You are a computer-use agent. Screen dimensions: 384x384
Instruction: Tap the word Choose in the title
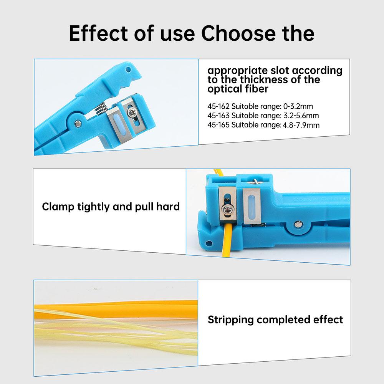(x=237, y=34)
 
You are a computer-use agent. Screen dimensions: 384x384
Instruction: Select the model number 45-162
(x=218, y=107)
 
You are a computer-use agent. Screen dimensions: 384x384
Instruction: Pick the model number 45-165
(x=218, y=125)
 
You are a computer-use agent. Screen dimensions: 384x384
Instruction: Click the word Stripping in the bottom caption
(x=231, y=319)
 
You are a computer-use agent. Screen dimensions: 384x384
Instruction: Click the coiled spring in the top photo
(x=100, y=107)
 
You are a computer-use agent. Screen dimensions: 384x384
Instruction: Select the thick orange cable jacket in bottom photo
(x=115, y=307)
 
